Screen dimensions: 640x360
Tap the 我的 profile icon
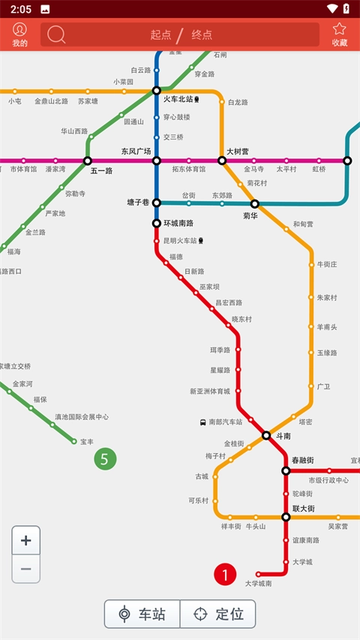19,30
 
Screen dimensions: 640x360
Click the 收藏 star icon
340,30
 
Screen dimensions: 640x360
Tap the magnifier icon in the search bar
56,35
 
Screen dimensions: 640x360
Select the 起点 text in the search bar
160,35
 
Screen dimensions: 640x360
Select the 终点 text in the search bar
202,35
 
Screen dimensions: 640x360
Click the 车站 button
142,614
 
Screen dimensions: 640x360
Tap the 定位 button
218,614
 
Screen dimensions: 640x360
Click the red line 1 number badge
225,575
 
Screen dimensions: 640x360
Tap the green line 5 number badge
105,458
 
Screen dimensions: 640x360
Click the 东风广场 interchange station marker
157,161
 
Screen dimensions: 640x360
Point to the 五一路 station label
101,171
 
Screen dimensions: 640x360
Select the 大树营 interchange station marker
222,161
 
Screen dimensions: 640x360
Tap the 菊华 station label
250,215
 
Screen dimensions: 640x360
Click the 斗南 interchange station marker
266,435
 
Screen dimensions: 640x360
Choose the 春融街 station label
302,460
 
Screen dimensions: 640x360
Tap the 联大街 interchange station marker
286,517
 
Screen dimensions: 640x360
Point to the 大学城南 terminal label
258,583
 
